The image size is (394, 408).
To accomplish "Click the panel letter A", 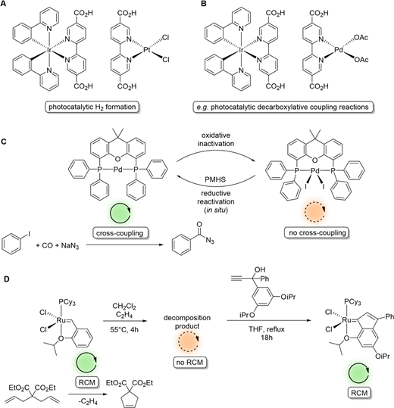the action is [x=3, y=4].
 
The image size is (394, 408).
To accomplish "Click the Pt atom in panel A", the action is [x=148, y=49].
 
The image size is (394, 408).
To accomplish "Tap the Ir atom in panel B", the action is [x=240, y=49].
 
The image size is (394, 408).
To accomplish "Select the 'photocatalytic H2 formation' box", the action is [x=92, y=107].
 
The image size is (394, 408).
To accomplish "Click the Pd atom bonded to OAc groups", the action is [x=339, y=49].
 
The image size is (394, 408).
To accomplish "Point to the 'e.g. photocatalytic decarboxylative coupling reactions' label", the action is [x=283, y=107].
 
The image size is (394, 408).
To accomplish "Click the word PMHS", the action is [x=215, y=179].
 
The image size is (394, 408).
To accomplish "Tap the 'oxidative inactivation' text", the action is [x=216, y=139].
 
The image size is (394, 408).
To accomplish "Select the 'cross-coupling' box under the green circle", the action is [x=120, y=232].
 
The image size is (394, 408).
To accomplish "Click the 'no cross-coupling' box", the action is [x=317, y=232].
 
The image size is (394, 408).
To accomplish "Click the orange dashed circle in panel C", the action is [x=316, y=211].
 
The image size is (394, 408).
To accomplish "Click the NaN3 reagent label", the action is [x=70, y=246].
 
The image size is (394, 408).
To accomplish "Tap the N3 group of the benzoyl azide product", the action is [x=210, y=241].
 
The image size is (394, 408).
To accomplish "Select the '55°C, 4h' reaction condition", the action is [x=124, y=330].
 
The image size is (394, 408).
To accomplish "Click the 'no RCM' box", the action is [x=189, y=362].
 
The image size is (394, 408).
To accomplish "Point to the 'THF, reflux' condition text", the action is [x=267, y=329].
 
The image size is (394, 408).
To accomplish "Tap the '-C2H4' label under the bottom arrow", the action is [x=88, y=402].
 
